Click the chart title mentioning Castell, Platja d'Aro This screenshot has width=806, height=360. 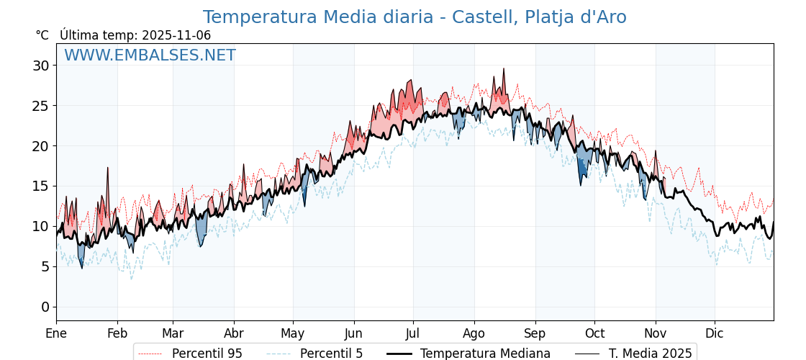tap(414, 17)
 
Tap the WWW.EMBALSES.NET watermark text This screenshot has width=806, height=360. tap(150, 55)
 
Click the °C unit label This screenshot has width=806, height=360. tap(42, 35)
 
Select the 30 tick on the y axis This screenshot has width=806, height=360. tap(40, 66)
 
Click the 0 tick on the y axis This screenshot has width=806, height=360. tap(45, 307)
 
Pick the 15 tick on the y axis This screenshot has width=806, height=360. tap(40, 186)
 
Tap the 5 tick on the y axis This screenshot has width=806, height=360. tap(45, 266)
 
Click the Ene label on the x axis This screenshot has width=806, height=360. tap(56, 333)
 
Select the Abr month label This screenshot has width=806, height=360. tap(234, 333)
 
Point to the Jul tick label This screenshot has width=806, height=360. tap(413, 333)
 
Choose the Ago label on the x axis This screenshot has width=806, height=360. tap(474, 333)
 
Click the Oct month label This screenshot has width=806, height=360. tap(594, 333)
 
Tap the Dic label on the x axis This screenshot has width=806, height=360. tap(715, 333)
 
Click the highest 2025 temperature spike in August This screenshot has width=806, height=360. tap(504, 70)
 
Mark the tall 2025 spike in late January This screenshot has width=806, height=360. tap(108, 168)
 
